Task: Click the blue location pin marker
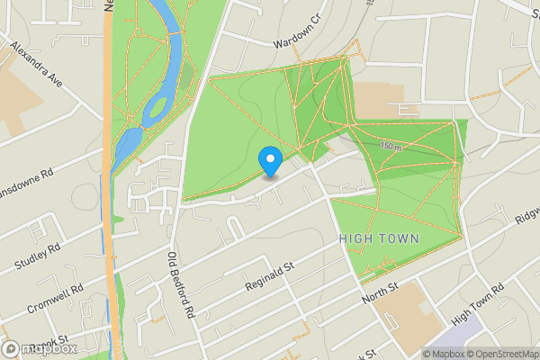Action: tap(270, 161)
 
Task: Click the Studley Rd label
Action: tap(37, 257)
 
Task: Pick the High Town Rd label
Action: tap(478, 301)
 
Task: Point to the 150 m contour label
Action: tap(389, 146)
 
